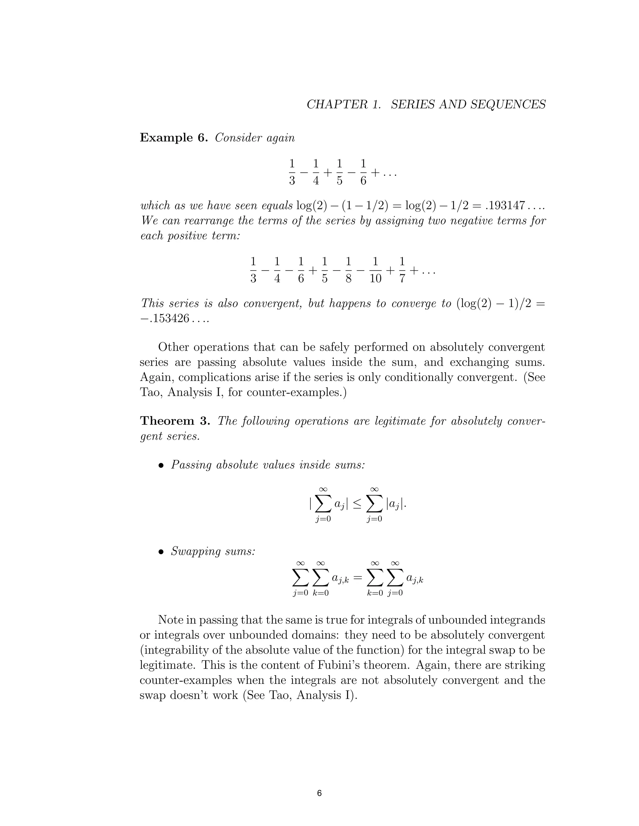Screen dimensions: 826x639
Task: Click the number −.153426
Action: (x=164, y=319)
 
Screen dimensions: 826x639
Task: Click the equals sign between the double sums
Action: (x=358, y=578)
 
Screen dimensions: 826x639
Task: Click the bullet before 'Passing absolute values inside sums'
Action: (x=161, y=466)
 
